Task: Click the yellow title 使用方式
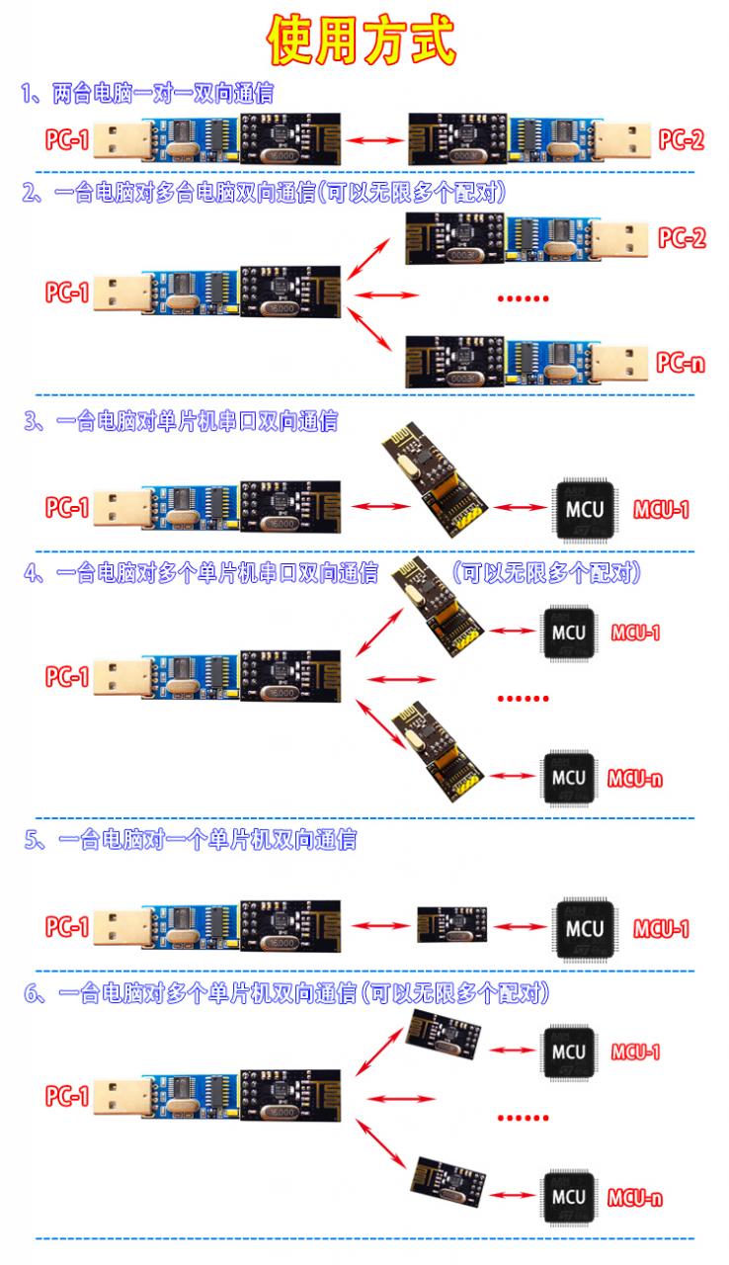(362, 40)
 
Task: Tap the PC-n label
(681, 362)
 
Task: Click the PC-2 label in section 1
(682, 139)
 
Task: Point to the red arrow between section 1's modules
(374, 139)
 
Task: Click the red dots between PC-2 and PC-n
(524, 298)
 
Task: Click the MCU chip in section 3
(585, 509)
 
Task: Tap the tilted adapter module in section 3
(434, 479)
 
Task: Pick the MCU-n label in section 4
(635, 780)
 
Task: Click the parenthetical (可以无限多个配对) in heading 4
(546, 573)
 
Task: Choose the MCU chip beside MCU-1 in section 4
(569, 632)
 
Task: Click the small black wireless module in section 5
(452, 925)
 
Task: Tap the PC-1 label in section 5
(67, 927)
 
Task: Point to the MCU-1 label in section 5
(661, 929)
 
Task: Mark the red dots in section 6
(524, 1118)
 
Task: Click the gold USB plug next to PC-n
(619, 362)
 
